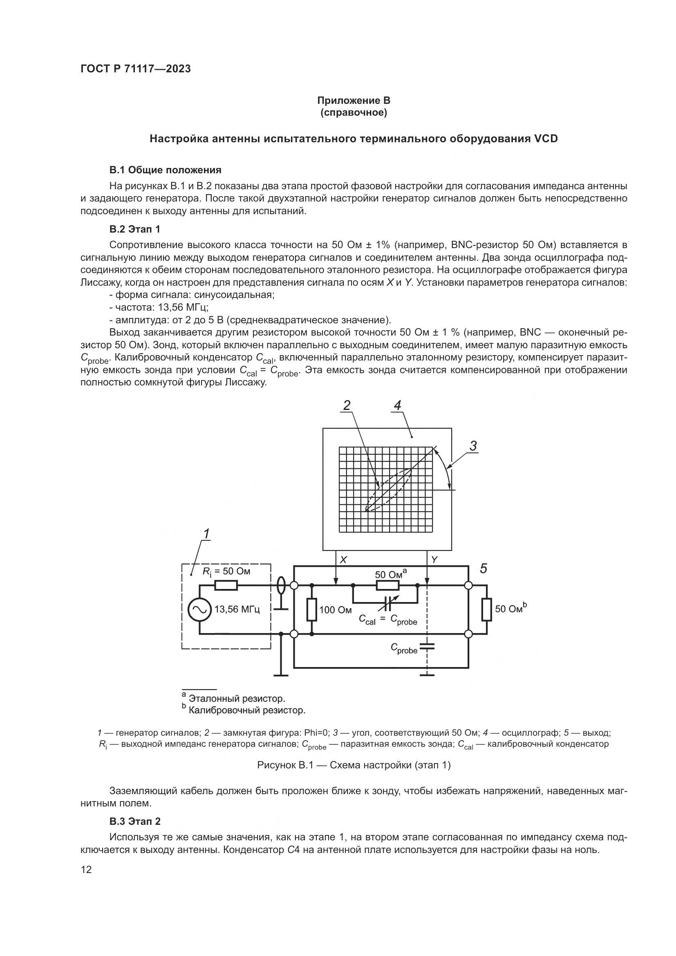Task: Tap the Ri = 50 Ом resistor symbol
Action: tap(226, 585)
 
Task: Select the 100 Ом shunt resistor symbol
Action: tap(312, 609)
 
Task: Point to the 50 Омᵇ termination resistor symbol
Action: tap(486, 609)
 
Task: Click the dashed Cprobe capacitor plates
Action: tap(427, 646)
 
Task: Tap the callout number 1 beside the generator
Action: tap(206, 533)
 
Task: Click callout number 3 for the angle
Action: tap(473, 446)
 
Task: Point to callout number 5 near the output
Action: tap(483, 569)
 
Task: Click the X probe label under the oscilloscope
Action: tap(343, 560)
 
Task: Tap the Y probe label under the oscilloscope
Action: tap(434, 560)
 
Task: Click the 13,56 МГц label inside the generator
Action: tap(237, 609)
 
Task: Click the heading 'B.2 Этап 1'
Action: tap(134, 229)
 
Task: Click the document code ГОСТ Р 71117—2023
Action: tap(136, 69)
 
